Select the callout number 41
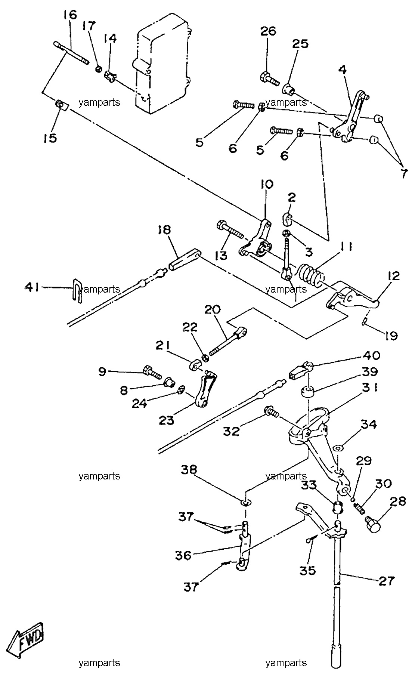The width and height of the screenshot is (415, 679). pos(32,287)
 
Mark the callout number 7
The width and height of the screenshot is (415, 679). pos(402,174)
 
